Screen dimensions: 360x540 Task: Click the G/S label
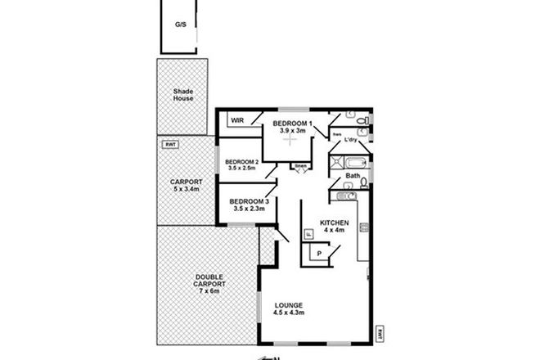point(180,25)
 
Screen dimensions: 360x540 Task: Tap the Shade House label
point(182,94)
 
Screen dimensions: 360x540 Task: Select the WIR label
point(238,120)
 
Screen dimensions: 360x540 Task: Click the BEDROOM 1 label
point(291,123)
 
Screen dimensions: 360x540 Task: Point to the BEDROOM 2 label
point(242,162)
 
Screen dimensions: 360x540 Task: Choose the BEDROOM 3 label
point(250,201)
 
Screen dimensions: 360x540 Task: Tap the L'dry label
point(352,140)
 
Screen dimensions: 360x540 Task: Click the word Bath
point(353,175)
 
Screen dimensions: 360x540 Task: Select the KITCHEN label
point(334,223)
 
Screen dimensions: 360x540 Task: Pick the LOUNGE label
point(289,304)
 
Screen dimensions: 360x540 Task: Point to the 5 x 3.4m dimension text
point(181,189)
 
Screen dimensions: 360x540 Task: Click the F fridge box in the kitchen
point(308,234)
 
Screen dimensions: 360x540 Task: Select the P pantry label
point(319,254)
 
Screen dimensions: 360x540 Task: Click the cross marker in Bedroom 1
point(289,140)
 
